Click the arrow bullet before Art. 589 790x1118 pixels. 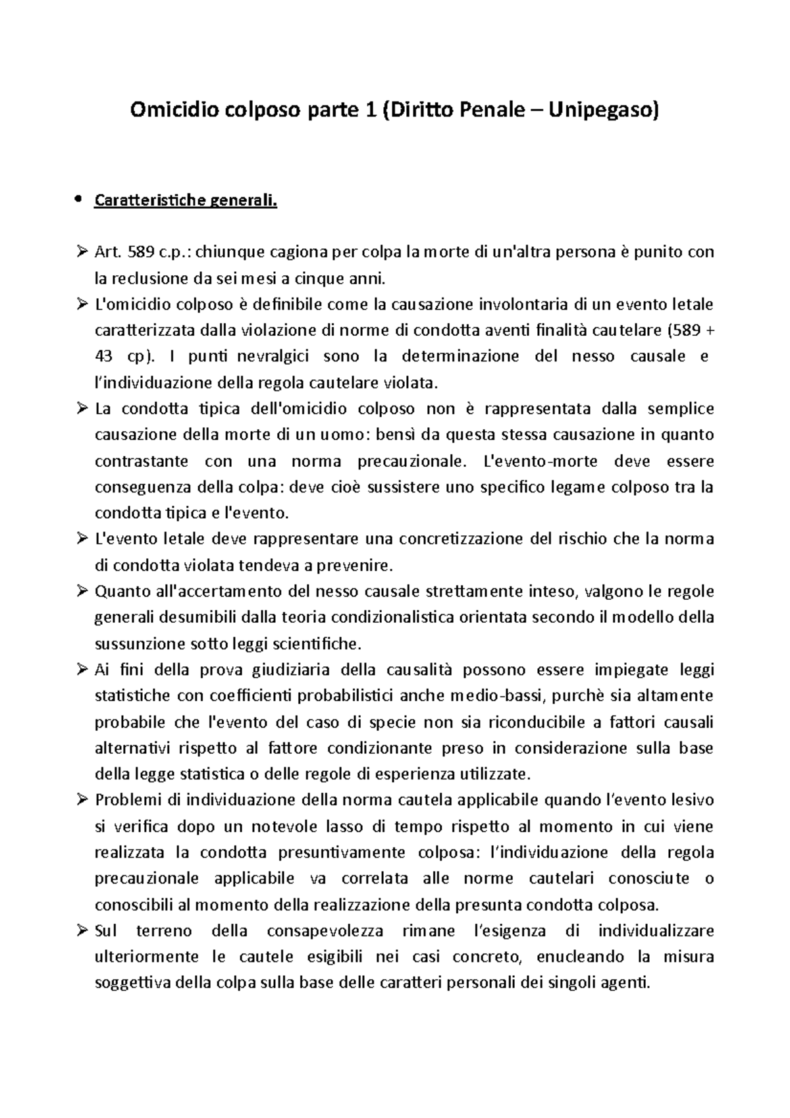82,252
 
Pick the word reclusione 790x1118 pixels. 149,279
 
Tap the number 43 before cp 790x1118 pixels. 104,357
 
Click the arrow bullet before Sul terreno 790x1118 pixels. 82,931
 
